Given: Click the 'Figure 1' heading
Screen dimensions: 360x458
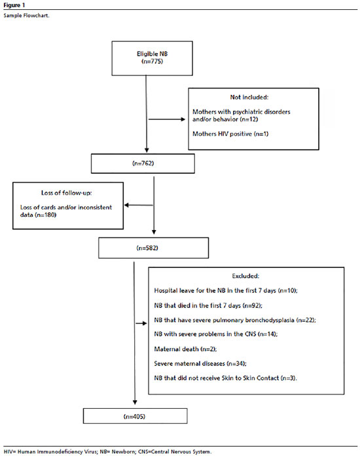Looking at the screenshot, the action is pyautogui.click(x=14, y=5).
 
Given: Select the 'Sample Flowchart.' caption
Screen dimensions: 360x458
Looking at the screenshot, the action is pyautogui.click(x=26, y=16).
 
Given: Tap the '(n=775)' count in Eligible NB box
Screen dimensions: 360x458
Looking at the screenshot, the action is pyautogui.click(x=152, y=62).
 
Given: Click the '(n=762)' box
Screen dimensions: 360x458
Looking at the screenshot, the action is pyautogui.click(x=143, y=164).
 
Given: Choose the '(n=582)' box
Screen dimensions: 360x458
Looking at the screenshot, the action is pyautogui.click(x=153, y=248).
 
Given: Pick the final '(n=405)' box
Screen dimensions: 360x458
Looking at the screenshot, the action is pyautogui.click(x=135, y=416).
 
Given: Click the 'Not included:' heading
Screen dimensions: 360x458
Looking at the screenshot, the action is pyautogui.click(x=249, y=97).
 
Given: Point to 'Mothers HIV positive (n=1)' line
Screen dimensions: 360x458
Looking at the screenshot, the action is pyautogui.click(x=230, y=134).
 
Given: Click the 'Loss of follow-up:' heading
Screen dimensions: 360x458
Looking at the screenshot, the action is pyautogui.click(x=67, y=193).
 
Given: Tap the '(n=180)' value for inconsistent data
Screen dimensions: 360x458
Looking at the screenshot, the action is pyautogui.click(x=46, y=215).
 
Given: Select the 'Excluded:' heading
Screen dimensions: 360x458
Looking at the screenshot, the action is pyautogui.click(x=245, y=276).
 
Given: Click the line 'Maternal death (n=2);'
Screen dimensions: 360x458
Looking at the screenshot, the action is pyautogui.click(x=185, y=349).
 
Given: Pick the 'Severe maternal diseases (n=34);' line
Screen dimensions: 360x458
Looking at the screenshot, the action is pyautogui.click(x=200, y=364).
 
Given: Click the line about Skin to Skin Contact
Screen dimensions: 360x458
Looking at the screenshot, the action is pyautogui.click(x=225, y=378).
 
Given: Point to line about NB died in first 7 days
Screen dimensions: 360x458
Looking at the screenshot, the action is pyautogui.click(x=208, y=305).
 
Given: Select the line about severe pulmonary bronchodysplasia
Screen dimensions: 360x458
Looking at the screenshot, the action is pyautogui.click(x=235, y=320).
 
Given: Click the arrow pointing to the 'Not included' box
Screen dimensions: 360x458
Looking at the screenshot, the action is pyautogui.click(x=167, y=119).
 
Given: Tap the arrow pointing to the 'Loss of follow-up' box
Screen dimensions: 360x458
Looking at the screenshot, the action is pyautogui.click(x=139, y=205).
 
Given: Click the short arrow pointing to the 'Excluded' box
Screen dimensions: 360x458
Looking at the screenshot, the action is pyautogui.click(x=141, y=323).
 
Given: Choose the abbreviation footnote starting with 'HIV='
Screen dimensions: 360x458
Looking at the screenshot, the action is pyautogui.click(x=107, y=451).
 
